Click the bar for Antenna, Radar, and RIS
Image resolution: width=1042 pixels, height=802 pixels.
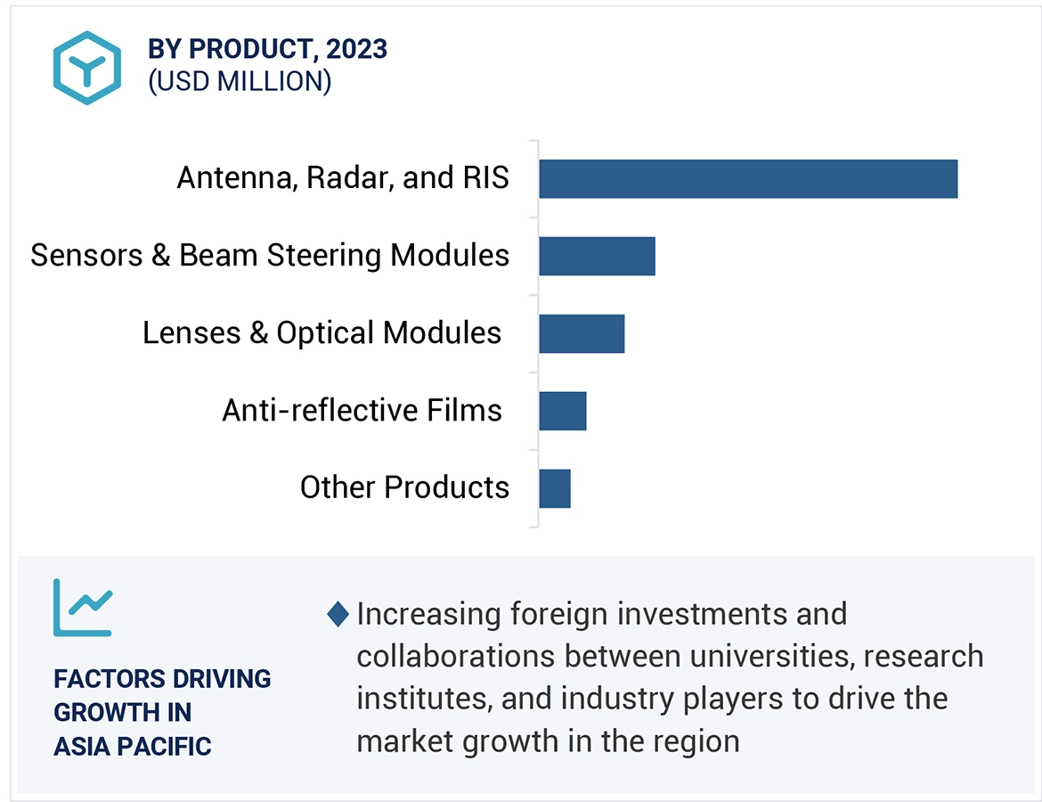[x=747, y=179]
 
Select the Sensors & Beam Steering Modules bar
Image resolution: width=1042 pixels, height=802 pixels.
[x=597, y=257]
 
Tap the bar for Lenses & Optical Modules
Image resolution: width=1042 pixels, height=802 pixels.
[x=582, y=333]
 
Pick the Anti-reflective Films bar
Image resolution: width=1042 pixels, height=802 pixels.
[x=562, y=411]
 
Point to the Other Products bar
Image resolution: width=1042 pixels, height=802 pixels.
[x=554, y=488]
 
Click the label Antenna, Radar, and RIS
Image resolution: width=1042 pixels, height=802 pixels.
[x=343, y=178]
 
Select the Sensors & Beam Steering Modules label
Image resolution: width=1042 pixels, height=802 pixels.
[x=270, y=256]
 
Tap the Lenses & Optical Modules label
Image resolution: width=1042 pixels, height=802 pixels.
[x=322, y=333]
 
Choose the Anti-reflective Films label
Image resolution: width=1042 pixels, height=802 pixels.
[x=362, y=411]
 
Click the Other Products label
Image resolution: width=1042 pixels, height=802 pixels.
[x=404, y=487]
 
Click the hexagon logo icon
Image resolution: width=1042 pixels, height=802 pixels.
[x=86, y=68]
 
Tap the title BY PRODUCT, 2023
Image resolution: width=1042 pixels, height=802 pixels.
[x=267, y=49]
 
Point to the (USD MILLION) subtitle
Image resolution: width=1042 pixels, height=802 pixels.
[x=240, y=82]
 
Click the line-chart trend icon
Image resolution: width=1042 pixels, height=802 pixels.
[x=82, y=607]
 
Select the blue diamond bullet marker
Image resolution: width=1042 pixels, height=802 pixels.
[x=338, y=614]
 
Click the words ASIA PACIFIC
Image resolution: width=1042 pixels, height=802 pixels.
[x=132, y=747]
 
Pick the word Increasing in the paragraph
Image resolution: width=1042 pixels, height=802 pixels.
[x=428, y=614]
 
